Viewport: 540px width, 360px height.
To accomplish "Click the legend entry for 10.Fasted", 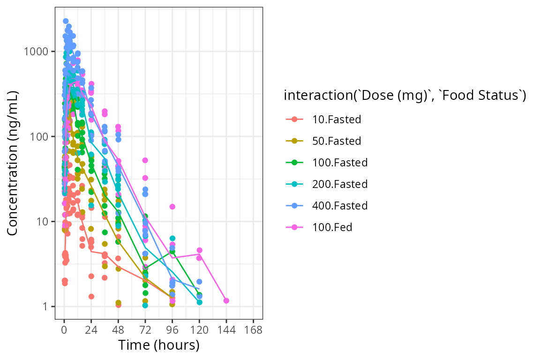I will point(337,120).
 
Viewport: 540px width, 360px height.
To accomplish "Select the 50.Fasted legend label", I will point(337,141).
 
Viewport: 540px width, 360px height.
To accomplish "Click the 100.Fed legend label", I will point(332,227).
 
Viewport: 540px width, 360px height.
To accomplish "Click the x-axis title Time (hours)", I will point(159,345).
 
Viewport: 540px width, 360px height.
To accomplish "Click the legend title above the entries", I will point(405,96).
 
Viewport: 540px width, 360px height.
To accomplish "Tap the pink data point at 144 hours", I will point(226,300).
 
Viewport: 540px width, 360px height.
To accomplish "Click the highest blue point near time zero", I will point(66,21).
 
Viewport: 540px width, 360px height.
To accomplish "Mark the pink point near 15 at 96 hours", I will point(172,207).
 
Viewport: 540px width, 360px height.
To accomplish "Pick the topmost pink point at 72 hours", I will point(145,160).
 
